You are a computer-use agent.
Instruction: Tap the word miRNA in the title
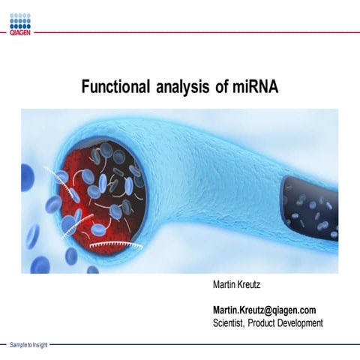point(256,87)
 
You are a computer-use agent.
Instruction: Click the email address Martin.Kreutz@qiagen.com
point(264,310)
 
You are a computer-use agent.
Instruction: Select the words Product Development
point(289,323)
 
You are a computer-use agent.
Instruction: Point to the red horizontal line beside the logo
point(195,32)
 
